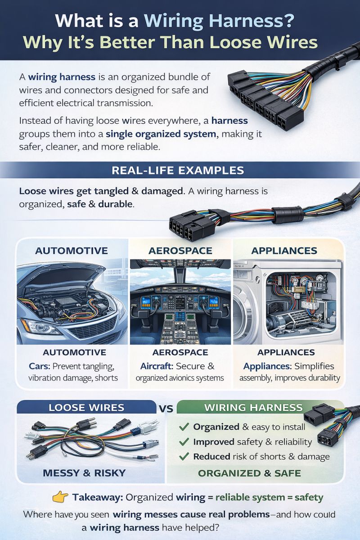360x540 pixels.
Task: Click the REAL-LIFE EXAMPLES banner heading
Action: tap(178, 170)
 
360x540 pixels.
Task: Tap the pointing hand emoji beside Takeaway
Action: tap(60, 497)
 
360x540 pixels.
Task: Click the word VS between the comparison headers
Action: tap(166, 409)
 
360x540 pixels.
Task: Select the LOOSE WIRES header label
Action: tap(86, 407)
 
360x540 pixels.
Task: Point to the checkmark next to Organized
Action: tap(184, 427)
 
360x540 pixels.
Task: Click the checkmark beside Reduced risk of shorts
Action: tap(184, 456)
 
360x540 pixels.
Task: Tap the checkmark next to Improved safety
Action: tap(184, 441)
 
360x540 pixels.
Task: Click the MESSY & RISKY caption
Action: tap(84, 473)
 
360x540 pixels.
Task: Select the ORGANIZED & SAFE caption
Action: tap(249, 473)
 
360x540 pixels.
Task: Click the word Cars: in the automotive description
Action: tap(40, 366)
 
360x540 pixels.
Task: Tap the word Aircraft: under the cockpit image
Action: tap(157, 366)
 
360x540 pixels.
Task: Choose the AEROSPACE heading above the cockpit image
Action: tap(180, 251)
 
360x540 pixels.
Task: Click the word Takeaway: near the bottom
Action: tap(98, 497)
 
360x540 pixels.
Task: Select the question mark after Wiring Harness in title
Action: tap(288, 21)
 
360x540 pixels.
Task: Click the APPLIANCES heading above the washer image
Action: tap(284, 251)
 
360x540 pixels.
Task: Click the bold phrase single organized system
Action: tap(161, 134)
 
